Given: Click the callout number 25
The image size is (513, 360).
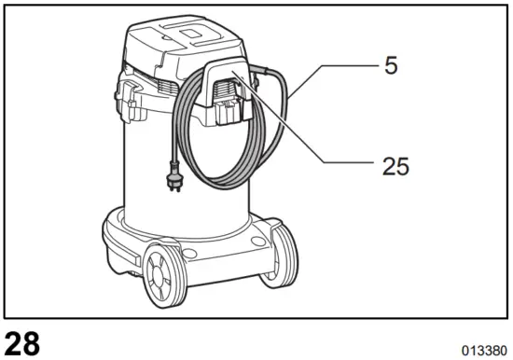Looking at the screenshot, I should pos(395,166).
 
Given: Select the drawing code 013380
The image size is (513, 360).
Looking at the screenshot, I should pos(483,350).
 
